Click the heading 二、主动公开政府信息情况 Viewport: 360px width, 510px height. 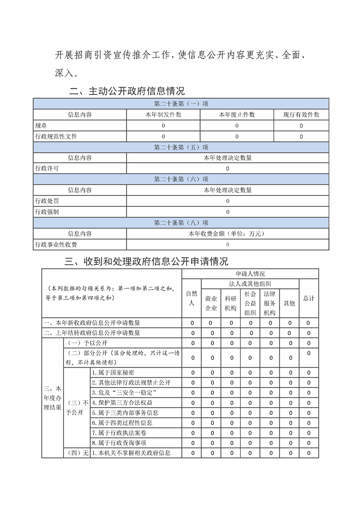127,91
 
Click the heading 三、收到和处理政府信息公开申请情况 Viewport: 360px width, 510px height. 147,261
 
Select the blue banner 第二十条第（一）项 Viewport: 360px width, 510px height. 181,104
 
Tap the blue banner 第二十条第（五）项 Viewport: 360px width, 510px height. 181,147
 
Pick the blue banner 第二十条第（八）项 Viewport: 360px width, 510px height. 181,223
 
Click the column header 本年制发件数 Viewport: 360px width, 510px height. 163,115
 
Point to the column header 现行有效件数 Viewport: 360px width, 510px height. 301,115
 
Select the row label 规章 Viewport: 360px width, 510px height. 41,125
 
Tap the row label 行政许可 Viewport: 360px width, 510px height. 47,169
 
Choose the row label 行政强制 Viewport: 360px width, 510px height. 47,212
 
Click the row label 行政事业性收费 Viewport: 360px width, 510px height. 56,245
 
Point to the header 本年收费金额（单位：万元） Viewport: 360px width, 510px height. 227,234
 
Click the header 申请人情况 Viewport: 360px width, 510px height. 250,274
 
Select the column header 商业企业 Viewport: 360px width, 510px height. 211,303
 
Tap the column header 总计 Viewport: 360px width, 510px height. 309,298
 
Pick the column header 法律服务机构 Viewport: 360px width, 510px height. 270,303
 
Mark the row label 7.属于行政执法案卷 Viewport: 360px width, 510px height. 119,432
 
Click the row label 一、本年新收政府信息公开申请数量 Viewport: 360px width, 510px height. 92,323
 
